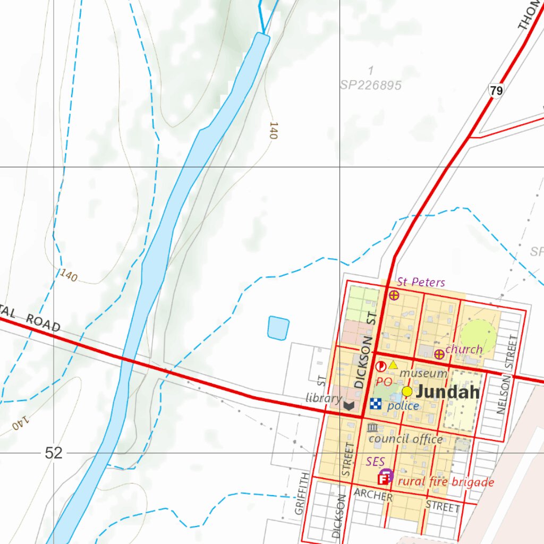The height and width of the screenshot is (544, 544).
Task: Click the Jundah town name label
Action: coord(448,393)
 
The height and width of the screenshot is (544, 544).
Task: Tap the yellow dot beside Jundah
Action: coord(407,392)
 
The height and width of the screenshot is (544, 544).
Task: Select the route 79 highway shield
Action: coord(496,91)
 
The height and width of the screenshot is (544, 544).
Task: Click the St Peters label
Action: coord(421,282)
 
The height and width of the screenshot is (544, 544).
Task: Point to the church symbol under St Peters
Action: coord(394,295)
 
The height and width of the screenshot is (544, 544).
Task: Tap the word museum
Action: coord(423,373)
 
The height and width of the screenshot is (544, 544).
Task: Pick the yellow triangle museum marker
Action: coord(393,365)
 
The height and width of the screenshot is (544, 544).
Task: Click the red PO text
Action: coord(384,381)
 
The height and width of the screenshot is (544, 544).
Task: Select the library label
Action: coord(324,398)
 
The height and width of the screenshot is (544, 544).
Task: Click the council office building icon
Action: coord(372,428)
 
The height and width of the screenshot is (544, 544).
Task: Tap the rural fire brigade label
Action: coord(446,482)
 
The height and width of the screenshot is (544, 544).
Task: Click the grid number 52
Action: coord(54,453)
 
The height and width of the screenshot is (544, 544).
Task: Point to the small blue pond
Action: coord(278,328)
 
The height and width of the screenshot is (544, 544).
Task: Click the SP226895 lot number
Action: coord(371,85)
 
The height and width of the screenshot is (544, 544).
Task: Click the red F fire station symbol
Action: coord(382,479)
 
